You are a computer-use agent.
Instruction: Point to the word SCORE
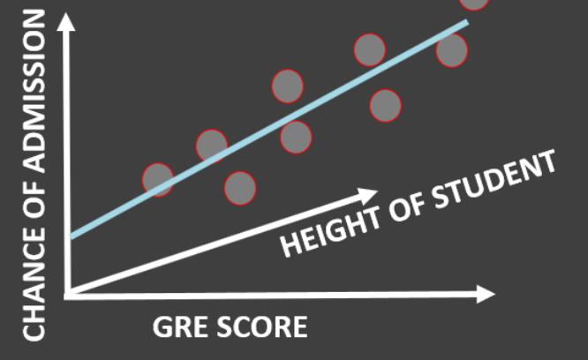click(264, 328)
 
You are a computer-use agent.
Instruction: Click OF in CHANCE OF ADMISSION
click(34, 212)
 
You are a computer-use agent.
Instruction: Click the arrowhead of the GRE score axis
click(486, 294)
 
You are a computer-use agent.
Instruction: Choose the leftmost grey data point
click(158, 180)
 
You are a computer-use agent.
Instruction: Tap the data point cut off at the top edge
click(474, 4)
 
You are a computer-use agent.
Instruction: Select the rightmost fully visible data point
click(452, 50)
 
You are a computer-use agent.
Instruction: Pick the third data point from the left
click(240, 187)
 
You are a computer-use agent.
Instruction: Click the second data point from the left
click(212, 145)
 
